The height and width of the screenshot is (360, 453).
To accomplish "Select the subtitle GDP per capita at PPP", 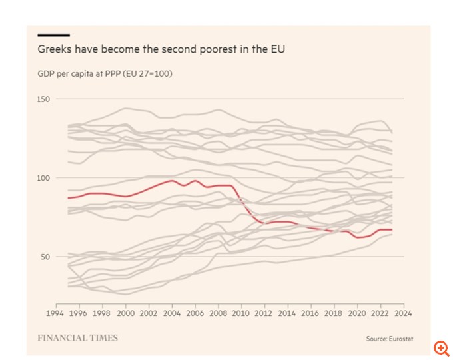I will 105,74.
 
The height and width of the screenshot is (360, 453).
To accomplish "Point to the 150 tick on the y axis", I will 44,99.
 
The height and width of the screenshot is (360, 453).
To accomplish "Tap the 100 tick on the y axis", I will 44,177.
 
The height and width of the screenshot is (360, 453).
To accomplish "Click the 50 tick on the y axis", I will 44,256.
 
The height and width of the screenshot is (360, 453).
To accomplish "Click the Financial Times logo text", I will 77,338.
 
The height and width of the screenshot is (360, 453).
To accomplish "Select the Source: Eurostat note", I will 390,339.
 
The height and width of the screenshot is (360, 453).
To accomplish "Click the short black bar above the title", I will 53,35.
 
